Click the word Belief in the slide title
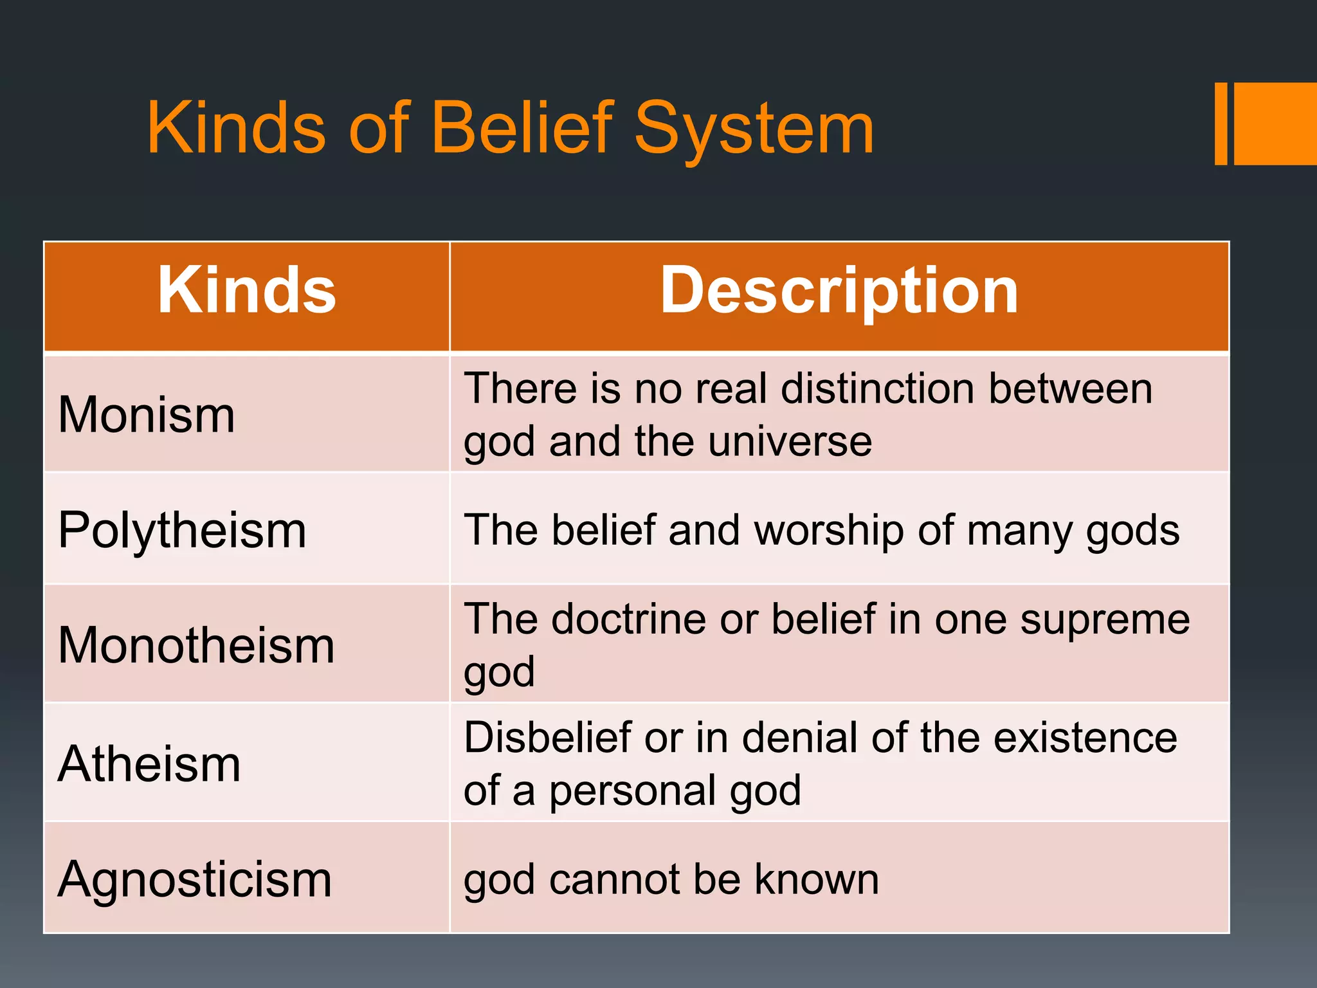tap(522, 128)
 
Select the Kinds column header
tap(247, 291)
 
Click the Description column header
tap(839, 291)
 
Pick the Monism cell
tap(147, 415)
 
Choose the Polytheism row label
tap(182, 530)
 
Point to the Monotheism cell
tap(196, 645)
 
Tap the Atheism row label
tap(149, 764)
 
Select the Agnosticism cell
tap(195, 879)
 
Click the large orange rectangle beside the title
tap(1275, 123)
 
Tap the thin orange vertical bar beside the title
tap(1221, 123)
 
